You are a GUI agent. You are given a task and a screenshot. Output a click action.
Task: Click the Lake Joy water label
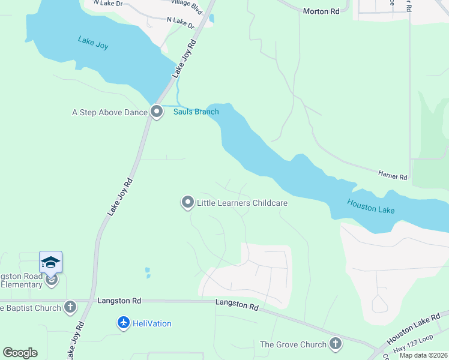pyautogui.click(x=93, y=43)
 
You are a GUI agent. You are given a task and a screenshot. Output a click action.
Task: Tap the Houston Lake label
pyautogui.click(x=371, y=206)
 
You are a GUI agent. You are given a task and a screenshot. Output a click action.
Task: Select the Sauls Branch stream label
pyautogui.click(x=196, y=112)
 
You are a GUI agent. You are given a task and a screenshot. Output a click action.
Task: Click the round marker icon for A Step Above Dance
pyautogui.click(x=157, y=112)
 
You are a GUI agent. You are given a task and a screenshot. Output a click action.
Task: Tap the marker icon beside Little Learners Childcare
pyautogui.click(x=187, y=203)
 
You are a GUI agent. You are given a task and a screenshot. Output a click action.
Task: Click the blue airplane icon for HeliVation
pyautogui.click(x=124, y=323)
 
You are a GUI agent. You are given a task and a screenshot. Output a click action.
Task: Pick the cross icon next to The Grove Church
pyautogui.click(x=336, y=344)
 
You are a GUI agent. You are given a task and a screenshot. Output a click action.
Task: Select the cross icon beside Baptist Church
pyautogui.click(x=70, y=308)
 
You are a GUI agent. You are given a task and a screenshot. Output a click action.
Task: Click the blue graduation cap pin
pyautogui.click(x=51, y=263)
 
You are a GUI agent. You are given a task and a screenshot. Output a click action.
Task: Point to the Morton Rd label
pyautogui.click(x=321, y=11)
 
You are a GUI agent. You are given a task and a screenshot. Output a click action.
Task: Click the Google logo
pyautogui.click(x=20, y=353)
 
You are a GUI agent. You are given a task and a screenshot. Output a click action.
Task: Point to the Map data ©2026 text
pyautogui.click(x=423, y=355)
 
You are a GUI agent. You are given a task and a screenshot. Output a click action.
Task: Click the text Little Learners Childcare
pyautogui.click(x=243, y=203)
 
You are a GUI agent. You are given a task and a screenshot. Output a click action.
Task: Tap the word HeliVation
pyautogui.click(x=152, y=323)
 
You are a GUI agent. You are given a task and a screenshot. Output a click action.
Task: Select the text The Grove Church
pyautogui.click(x=293, y=344)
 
